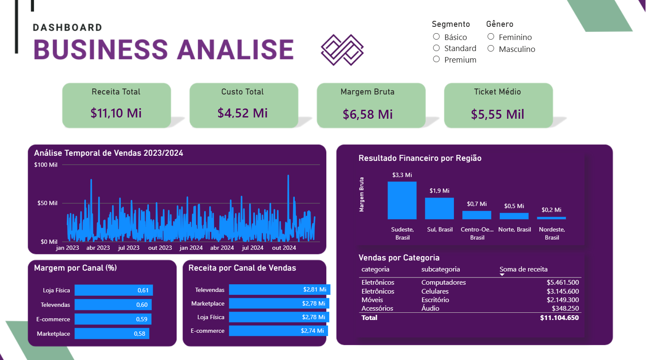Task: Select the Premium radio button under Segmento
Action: point(436,60)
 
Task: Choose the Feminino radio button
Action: point(491,37)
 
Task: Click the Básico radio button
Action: point(436,37)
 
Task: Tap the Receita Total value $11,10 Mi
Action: point(116,113)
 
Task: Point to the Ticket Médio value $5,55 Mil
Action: point(497,114)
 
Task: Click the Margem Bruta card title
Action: point(368,92)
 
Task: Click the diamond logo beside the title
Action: point(342,50)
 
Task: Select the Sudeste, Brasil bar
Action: point(402,200)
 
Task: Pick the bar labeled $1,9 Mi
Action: point(439,209)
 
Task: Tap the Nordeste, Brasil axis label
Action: point(552,233)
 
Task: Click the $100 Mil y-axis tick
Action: point(46,165)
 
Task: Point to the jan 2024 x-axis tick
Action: point(191,248)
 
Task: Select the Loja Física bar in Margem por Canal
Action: point(114,290)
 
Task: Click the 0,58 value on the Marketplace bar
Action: point(140,334)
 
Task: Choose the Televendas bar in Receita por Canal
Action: point(279,290)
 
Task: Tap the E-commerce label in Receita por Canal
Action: point(208,331)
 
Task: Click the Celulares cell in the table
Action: point(435,291)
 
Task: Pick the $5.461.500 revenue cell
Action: point(562,283)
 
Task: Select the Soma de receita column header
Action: point(523,269)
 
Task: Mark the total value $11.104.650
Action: point(559,318)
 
